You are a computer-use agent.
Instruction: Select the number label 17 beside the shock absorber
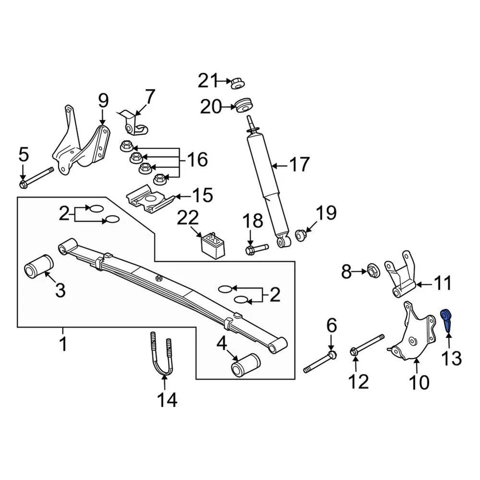(299, 164)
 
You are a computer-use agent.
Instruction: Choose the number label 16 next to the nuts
(197, 160)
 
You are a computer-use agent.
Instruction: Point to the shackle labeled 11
(403, 280)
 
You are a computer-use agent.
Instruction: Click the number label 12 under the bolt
(358, 381)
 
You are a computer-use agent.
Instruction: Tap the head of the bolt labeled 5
(23, 185)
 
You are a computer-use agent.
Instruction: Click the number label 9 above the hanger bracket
(103, 101)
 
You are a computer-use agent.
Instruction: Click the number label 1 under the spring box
(63, 344)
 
